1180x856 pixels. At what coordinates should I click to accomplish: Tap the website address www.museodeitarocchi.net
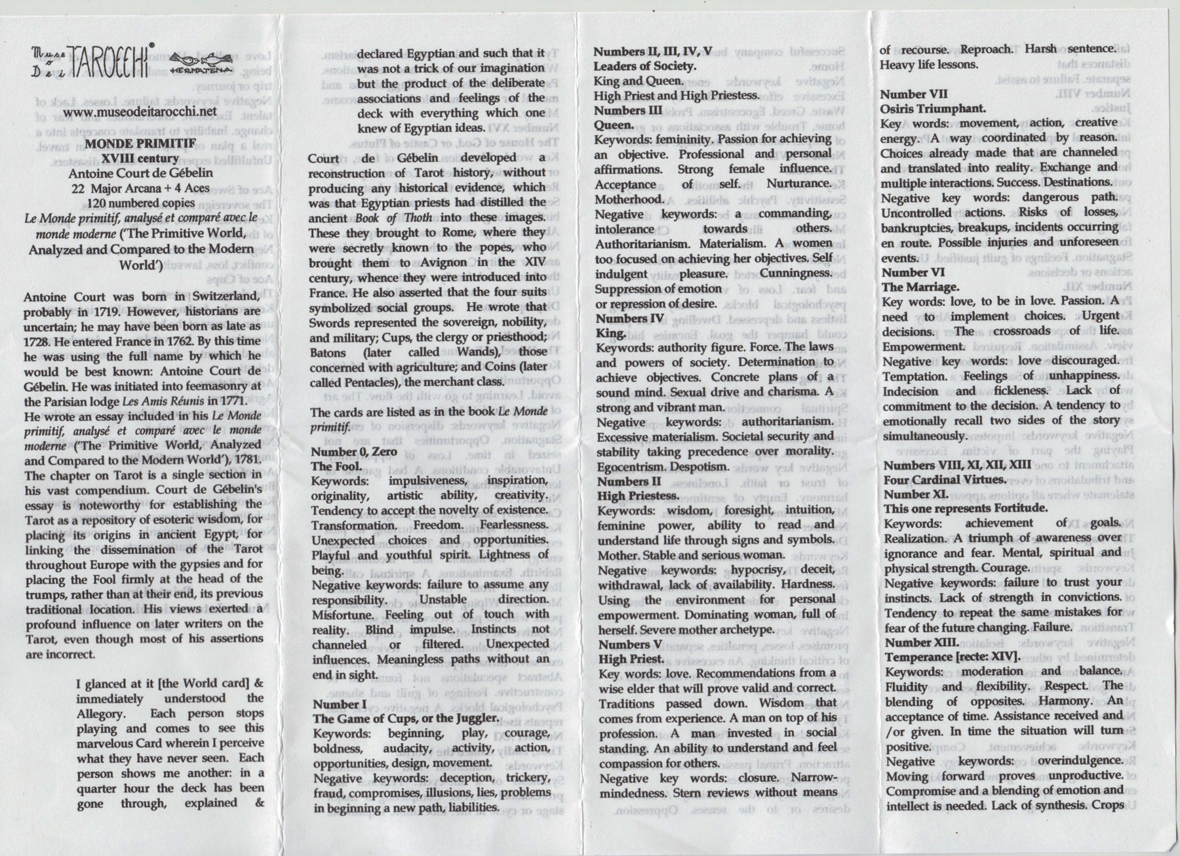click(142, 112)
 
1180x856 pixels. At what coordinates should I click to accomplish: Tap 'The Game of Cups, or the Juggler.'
click(406, 718)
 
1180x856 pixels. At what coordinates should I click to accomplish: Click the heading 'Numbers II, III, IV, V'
click(653, 51)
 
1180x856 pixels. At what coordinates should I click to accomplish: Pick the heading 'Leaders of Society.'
click(644, 66)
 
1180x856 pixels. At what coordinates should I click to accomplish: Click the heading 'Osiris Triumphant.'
click(934, 108)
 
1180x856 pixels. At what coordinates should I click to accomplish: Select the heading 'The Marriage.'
click(920, 287)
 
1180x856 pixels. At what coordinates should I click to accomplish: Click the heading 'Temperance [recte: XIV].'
click(951, 657)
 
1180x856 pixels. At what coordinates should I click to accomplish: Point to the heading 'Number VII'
click(914, 94)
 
